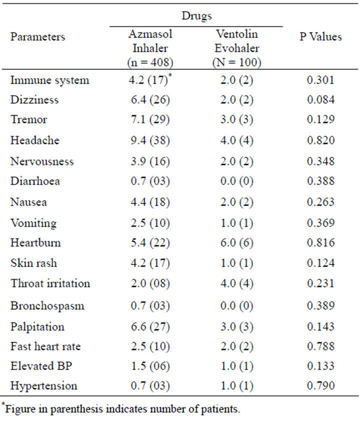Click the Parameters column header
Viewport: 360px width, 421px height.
(37, 37)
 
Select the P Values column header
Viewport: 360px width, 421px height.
(321, 37)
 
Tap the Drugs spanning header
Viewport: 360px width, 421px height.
(197, 15)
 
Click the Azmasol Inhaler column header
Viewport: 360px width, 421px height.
(150, 48)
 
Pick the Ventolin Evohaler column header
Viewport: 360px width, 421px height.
(237, 48)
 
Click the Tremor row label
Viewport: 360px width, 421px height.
(28, 119)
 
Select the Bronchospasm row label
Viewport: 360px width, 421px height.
(47, 306)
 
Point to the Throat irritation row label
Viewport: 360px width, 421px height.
(50, 283)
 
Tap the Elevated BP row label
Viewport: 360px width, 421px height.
(41, 366)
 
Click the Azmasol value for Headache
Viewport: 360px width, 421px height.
(150, 140)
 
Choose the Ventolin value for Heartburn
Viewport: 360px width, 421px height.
(237, 242)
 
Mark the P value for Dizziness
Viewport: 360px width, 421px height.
(321, 99)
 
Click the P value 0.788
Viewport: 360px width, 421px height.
(321, 346)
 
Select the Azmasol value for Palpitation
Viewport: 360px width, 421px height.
(150, 327)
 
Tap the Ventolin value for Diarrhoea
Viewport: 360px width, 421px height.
(237, 181)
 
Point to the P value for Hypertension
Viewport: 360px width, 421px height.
(321, 385)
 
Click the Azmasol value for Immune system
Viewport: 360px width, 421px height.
(150, 80)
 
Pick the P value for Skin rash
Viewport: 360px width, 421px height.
(321, 263)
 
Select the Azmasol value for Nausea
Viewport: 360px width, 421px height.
(150, 202)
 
